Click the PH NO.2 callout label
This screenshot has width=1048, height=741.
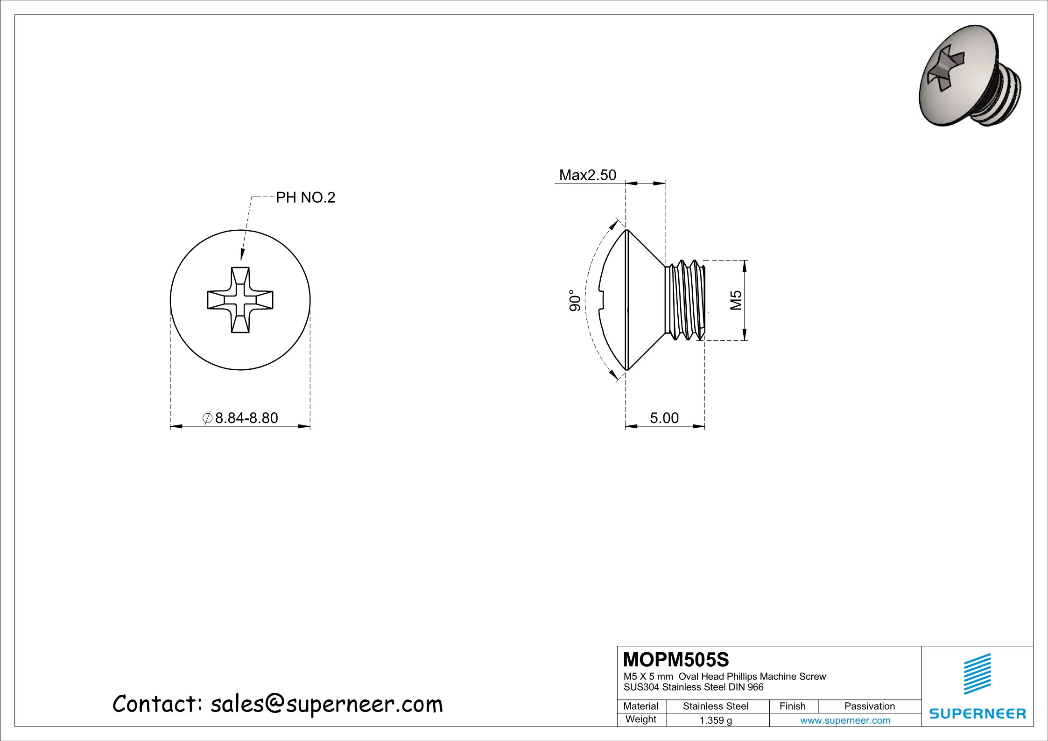[x=305, y=198]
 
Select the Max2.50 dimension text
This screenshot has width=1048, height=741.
[x=587, y=175]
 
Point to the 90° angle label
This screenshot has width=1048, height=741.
[x=575, y=300]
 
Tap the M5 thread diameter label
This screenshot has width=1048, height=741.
[x=736, y=300]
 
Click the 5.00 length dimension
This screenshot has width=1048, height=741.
[x=664, y=418]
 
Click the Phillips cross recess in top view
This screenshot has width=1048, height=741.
[x=240, y=300]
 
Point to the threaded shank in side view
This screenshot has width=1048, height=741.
[x=685, y=300]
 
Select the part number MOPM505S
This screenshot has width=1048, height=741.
[x=675, y=660]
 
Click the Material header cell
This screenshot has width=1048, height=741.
[x=640, y=706]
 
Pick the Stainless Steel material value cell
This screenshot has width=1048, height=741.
[x=715, y=706]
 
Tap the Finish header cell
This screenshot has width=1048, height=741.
[x=792, y=706]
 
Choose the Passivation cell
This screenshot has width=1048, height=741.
[x=869, y=706]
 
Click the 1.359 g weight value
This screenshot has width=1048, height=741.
[x=715, y=720]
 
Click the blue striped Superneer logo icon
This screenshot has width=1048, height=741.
[x=977, y=674]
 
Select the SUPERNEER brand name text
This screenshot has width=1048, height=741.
[x=977, y=713]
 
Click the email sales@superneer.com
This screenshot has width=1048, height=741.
[x=326, y=704]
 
